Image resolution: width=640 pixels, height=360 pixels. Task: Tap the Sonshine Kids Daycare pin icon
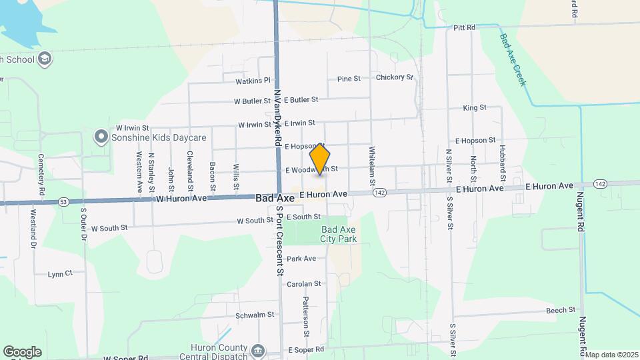(101, 137)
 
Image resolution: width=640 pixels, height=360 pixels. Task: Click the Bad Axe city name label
(275, 198)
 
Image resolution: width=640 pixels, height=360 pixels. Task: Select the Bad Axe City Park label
(339, 234)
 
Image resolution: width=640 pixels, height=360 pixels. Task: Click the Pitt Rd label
(464, 27)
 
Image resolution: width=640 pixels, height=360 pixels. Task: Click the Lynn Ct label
(60, 273)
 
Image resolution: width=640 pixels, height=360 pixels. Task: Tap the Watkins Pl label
(253, 81)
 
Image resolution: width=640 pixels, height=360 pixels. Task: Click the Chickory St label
(395, 77)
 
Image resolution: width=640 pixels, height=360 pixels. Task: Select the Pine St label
(349, 79)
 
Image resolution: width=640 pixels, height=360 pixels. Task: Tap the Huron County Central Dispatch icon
(258, 349)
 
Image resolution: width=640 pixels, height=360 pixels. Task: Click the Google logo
(22, 352)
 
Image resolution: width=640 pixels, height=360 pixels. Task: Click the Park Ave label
(301, 259)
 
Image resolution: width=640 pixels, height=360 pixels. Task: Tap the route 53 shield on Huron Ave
(63, 201)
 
